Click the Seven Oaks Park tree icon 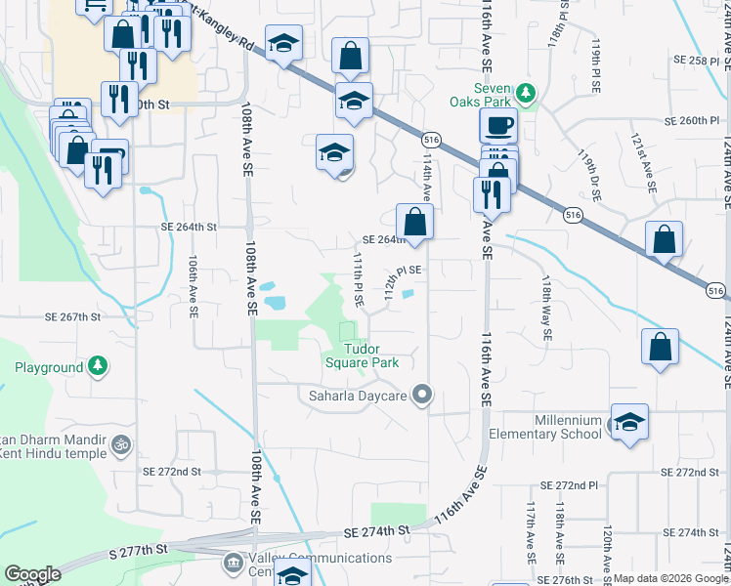click(x=527, y=94)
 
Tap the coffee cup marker click(x=497, y=125)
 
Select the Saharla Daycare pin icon click(x=422, y=396)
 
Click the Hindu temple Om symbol click(x=121, y=443)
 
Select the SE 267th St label click(x=73, y=317)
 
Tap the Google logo click(x=32, y=574)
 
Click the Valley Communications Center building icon click(x=233, y=563)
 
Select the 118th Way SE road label click(x=545, y=308)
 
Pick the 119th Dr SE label click(x=589, y=174)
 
